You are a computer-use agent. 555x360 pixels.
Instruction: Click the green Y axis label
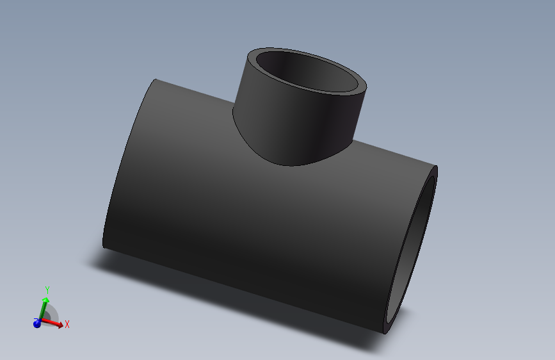point(47,291)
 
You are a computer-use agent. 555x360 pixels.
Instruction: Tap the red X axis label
point(67,324)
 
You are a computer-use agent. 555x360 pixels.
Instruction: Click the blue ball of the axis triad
point(37,324)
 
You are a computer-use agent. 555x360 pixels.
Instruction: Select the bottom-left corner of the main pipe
point(104,245)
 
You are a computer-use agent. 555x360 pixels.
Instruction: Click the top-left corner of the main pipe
point(156,79)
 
